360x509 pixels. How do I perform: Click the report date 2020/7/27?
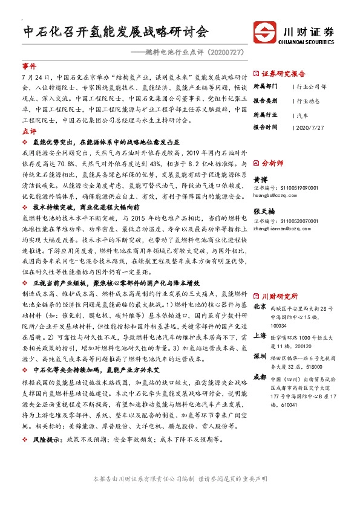tap(312, 128)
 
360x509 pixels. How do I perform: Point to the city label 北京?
tap(260, 306)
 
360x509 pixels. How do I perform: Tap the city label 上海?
tap(260, 334)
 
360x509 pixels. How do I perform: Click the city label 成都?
tap(260, 376)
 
